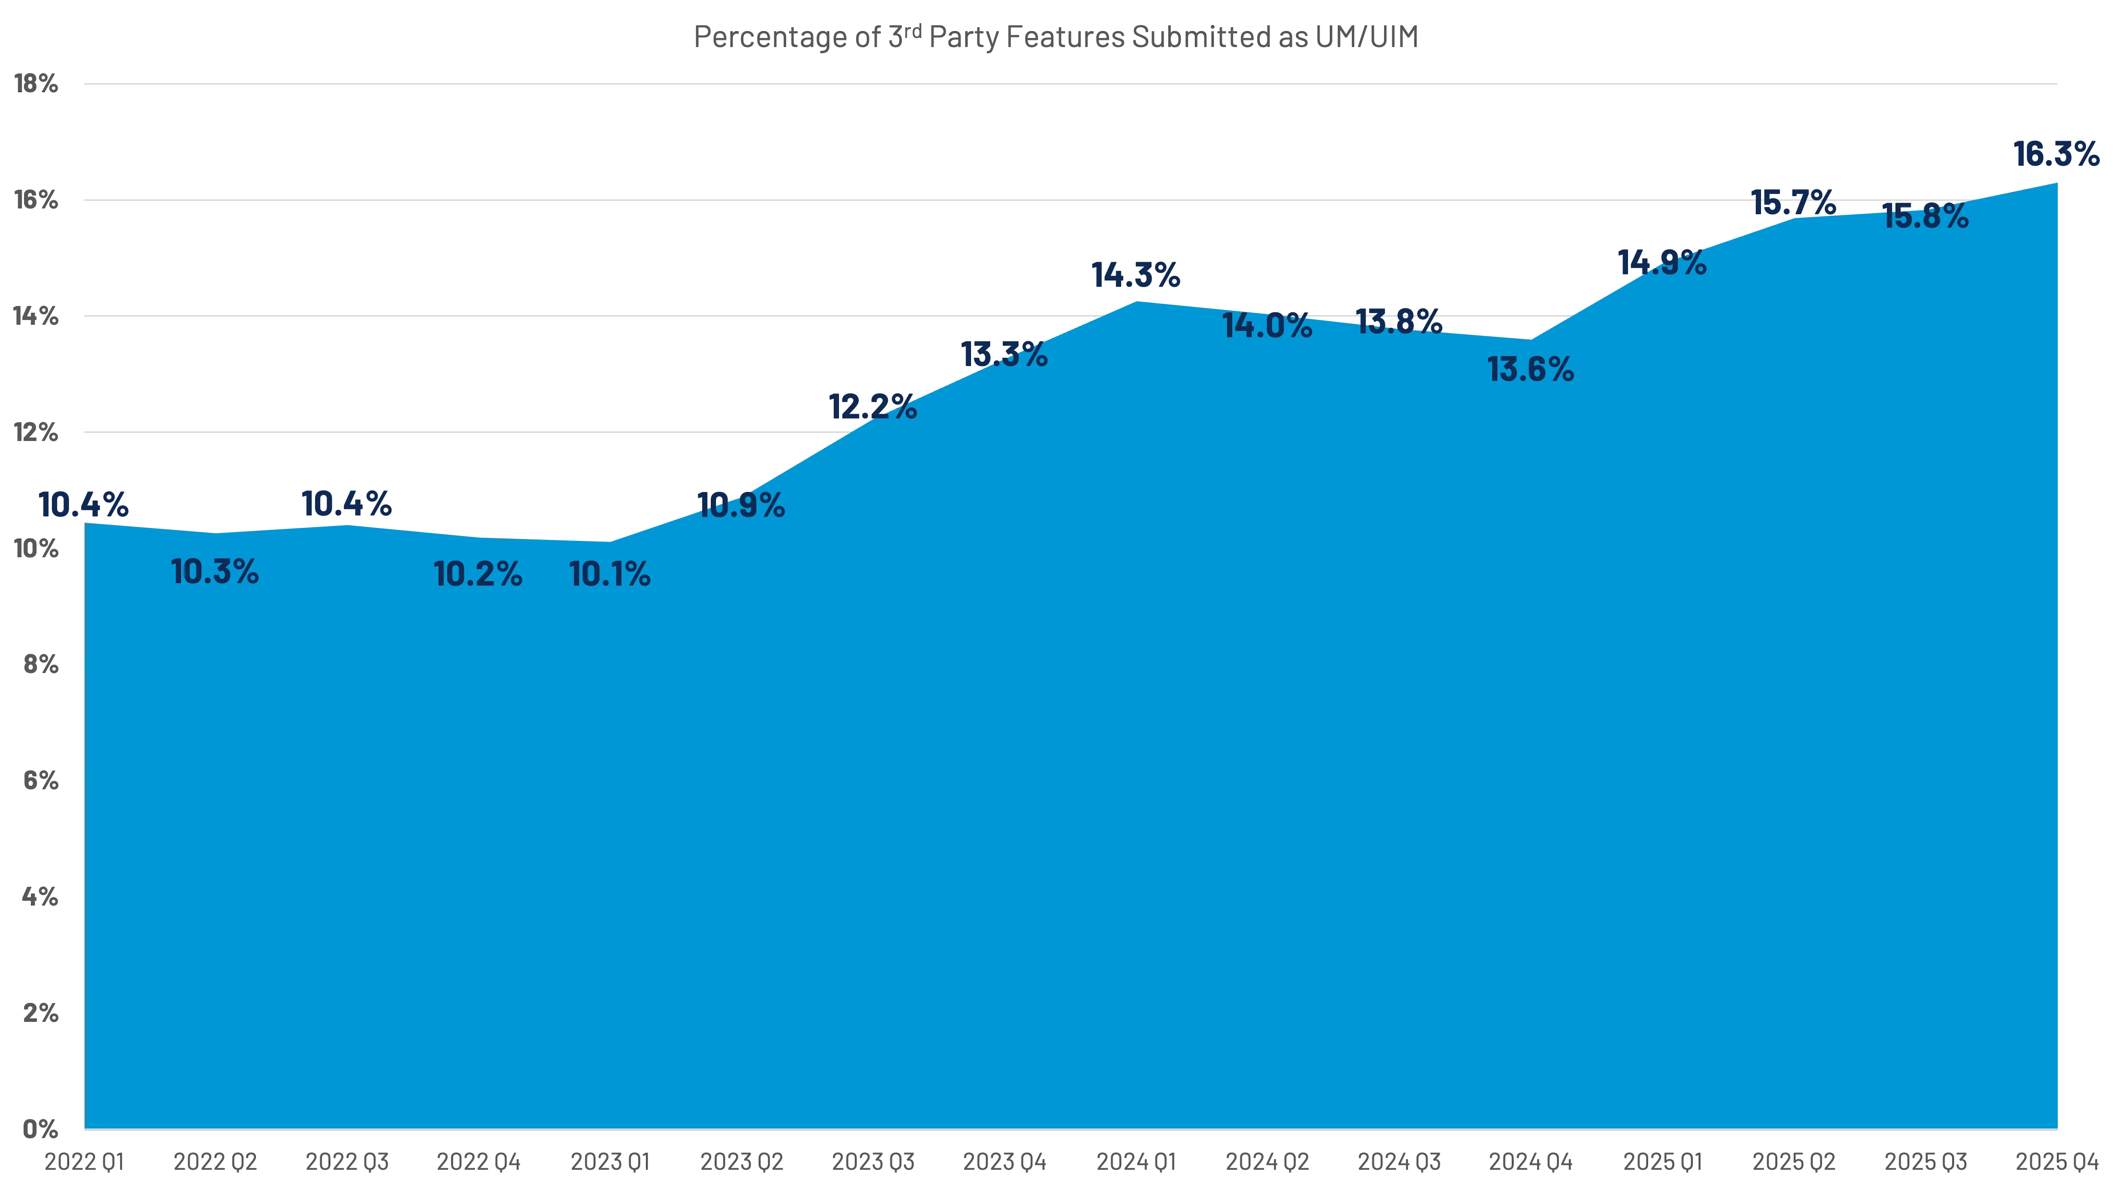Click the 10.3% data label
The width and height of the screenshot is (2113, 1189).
215,572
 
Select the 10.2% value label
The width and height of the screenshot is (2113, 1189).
477,575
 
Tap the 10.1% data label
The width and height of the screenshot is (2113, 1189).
609,575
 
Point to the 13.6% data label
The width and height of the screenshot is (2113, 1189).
1530,370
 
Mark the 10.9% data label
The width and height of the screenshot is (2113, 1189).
741,505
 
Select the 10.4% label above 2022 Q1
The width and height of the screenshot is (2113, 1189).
85,504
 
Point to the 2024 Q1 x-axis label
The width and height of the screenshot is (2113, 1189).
1136,1162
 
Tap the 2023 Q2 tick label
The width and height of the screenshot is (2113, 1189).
741,1162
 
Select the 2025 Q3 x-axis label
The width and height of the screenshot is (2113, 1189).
1925,1162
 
